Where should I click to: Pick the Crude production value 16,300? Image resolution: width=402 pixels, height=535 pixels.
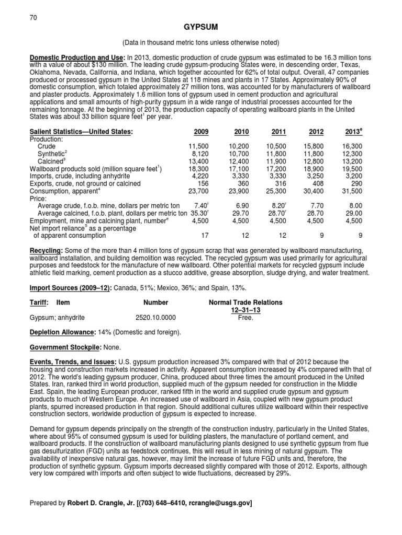tap(351, 147)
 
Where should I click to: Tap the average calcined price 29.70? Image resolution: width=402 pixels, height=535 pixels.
tap(238, 213)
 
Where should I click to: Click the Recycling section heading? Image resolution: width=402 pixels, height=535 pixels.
tap(46, 251)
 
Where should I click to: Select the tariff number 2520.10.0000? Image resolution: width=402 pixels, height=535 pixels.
tap(155, 317)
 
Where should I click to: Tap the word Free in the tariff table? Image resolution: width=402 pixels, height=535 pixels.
tap(245, 317)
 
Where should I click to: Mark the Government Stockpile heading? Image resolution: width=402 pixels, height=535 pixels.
tap(62, 347)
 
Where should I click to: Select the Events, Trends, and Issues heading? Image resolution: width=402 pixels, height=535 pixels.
tap(72, 361)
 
